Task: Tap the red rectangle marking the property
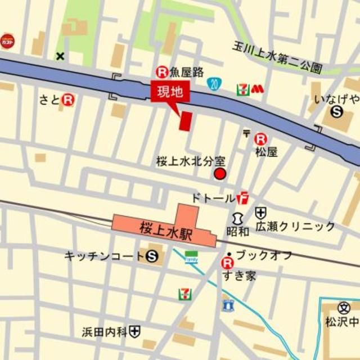(185, 121)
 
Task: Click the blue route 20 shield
(213, 84)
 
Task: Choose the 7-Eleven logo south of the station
(184, 294)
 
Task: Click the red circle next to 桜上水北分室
(220, 174)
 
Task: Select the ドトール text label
(213, 197)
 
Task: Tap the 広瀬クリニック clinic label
(295, 227)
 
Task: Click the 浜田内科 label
(105, 332)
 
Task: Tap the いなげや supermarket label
(337, 99)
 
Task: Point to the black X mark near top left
(60, 56)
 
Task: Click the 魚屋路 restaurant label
(187, 71)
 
